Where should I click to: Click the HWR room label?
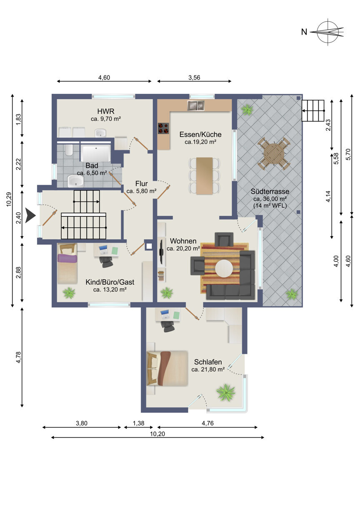[106, 111]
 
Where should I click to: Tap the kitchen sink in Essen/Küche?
[196, 105]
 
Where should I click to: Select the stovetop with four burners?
[163, 128]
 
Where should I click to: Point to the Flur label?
[141, 183]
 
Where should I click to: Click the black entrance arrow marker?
[30, 216]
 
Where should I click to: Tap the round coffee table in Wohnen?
[224, 269]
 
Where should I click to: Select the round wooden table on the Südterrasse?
[274, 154]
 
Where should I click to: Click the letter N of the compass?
[304, 32]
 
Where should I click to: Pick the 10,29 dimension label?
[9, 199]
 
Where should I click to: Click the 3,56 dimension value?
[194, 78]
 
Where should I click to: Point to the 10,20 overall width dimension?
[157, 434]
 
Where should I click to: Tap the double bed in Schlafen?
[167, 368]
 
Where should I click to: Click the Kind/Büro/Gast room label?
[110, 282]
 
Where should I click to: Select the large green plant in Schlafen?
[226, 392]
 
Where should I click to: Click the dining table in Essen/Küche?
[205, 176]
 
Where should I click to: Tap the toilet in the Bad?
[69, 150]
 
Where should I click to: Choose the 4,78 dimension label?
[19, 357]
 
